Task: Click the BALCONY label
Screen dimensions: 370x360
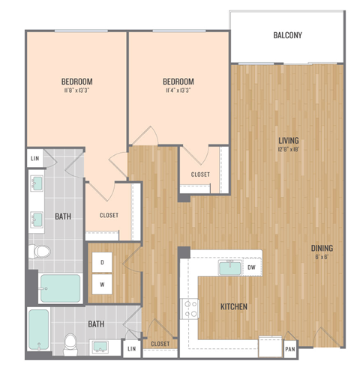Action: [288, 35]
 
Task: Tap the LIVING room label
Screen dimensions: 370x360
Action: [289, 139]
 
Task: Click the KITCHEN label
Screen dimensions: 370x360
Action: [234, 307]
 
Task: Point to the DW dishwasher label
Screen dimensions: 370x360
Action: [252, 267]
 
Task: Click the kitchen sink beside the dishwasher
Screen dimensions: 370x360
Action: [228, 268]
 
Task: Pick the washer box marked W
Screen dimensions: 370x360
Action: [101, 285]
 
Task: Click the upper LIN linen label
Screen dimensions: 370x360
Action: [34, 160]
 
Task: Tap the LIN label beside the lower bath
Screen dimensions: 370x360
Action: [132, 348]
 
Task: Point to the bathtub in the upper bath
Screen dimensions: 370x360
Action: [60, 288]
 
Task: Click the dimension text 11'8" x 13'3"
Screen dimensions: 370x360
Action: [76, 91]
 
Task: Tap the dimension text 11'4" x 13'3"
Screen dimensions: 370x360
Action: [178, 91]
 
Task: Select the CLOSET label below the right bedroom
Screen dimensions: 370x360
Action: [200, 175]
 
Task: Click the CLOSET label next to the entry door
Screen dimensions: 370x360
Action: [160, 344]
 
